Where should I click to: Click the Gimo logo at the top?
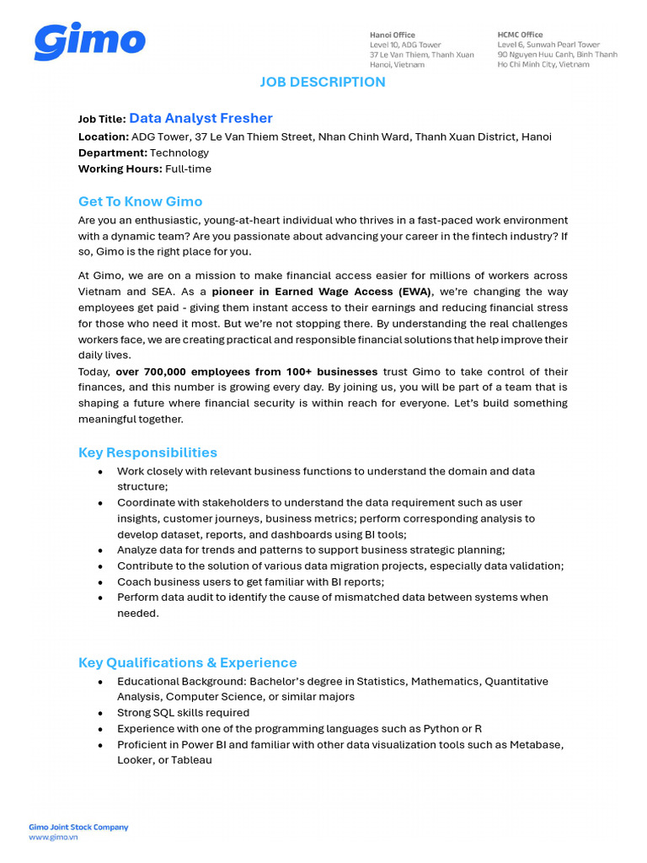coord(89,42)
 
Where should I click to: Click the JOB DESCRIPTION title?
coord(323,82)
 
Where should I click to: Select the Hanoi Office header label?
coord(393,35)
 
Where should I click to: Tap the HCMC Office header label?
coord(520,35)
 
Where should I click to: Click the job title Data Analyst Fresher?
coord(201,119)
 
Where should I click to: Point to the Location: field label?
coord(103,137)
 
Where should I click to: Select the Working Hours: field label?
coord(120,169)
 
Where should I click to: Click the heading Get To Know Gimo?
coord(140,201)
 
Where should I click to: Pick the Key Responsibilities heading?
coord(147,453)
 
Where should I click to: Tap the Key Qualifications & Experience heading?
coord(187,662)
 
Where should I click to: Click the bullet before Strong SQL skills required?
coord(101,713)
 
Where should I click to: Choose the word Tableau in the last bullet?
coord(192,760)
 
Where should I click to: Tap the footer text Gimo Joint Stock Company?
coord(78,827)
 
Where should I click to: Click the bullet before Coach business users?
coord(101,582)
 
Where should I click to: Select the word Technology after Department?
coord(179,153)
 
